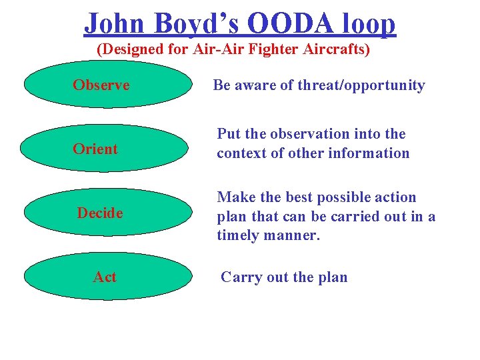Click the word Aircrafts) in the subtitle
338,50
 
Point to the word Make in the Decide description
233,197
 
